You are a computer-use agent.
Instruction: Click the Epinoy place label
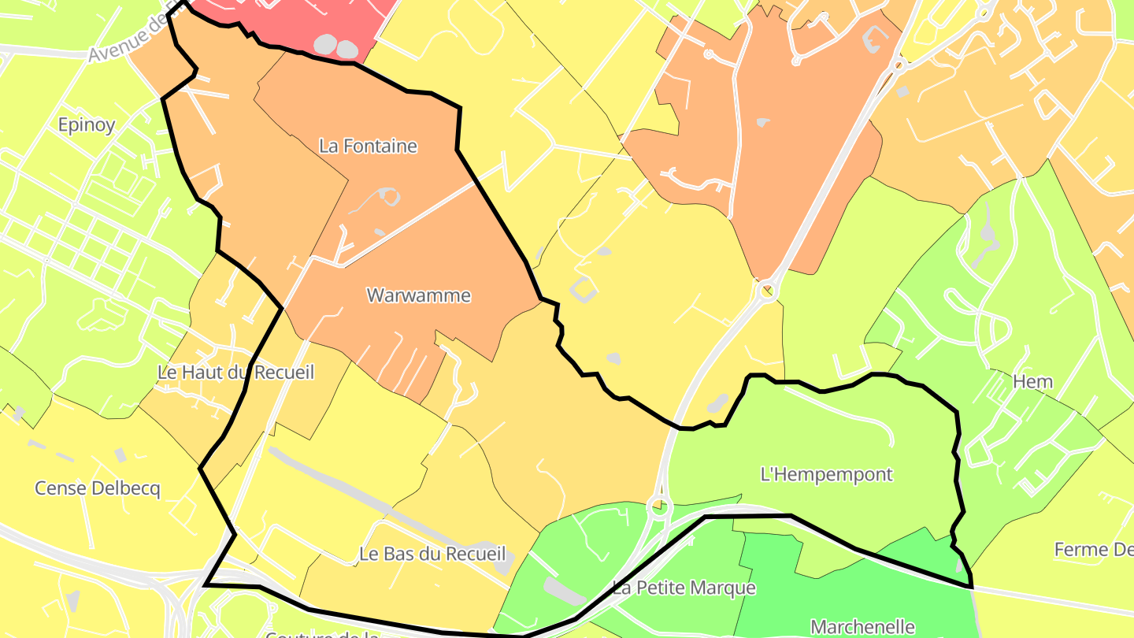coord(87,124)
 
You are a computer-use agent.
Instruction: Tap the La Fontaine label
coord(368,146)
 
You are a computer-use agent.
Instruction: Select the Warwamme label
coord(419,295)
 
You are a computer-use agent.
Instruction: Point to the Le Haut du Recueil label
coord(235,372)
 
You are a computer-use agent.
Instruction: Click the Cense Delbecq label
coord(97,488)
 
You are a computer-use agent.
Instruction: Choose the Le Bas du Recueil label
coord(432,554)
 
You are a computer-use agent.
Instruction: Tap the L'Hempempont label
coord(827,474)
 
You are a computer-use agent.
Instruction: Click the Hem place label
coord(1032,382)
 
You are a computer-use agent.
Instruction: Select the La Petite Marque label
coord(684,588)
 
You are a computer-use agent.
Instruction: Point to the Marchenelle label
coord(862,627)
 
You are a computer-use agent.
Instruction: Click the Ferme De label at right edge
coord(1093,549)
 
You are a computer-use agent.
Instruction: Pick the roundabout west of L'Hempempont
coord(658,506)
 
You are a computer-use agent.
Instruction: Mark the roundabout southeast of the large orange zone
coord(766,291)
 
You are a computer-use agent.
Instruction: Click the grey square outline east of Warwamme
coord(584,289)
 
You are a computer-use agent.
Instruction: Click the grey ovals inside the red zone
coord(336,46)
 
